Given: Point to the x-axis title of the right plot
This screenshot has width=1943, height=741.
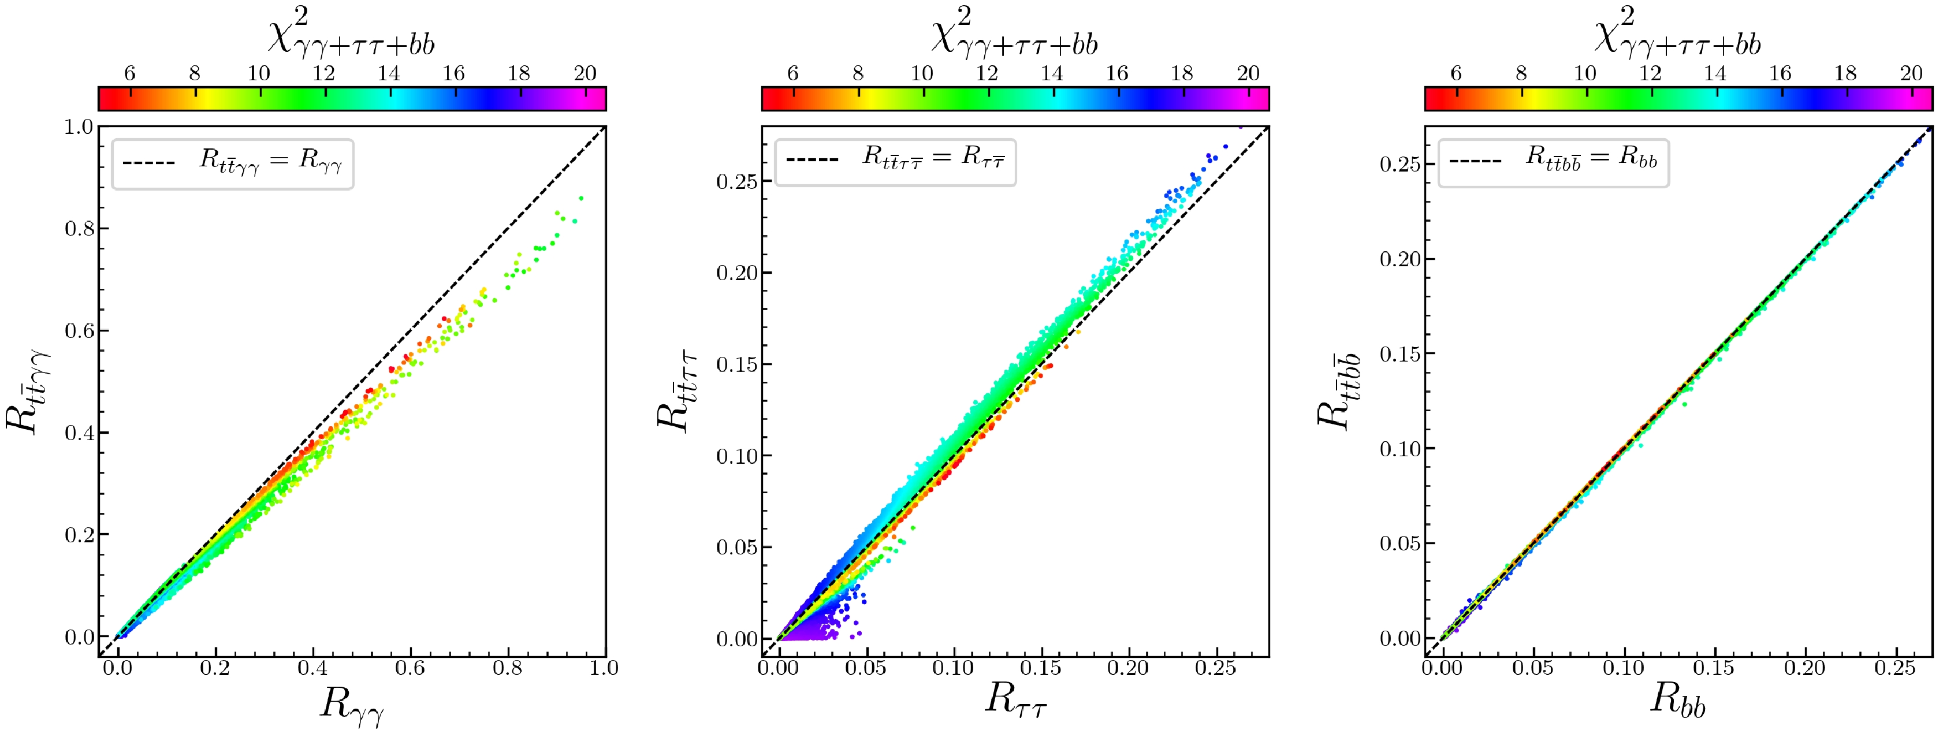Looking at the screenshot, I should pos(1677,699).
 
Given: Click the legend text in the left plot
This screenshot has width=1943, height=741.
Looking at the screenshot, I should pos(270,162).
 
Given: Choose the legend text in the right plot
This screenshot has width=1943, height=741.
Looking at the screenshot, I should pos(1591,158).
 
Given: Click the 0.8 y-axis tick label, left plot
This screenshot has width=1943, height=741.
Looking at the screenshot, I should pos(79,229).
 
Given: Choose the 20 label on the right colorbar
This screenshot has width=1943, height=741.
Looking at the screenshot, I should pos(1911,73).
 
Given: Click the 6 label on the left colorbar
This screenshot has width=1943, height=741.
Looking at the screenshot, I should pos(130,73).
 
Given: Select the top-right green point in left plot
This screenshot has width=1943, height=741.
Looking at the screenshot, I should pos(581,199).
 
